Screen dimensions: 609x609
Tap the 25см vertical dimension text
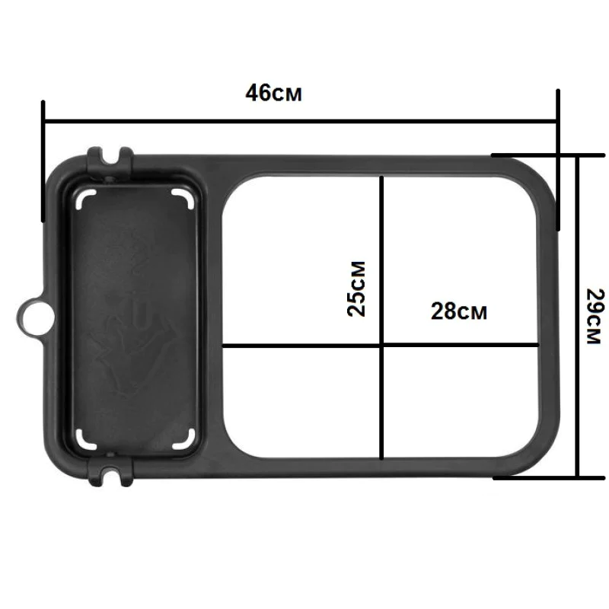pos(356,289)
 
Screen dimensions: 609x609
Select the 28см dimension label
pos(458,311)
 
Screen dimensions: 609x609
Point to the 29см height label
pos(595,316)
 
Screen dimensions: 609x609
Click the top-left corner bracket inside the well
pos(85,198)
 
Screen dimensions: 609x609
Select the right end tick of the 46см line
pos(558,160)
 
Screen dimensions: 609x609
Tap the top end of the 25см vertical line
pos(380,177)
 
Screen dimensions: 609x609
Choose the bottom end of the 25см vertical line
pos(380,458)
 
